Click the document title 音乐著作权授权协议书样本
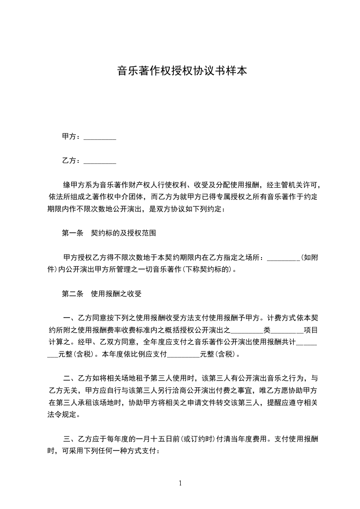[x=182, y=71]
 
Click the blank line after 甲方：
[x=100, y=137]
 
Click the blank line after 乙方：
[x=100, y=161]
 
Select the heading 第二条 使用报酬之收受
[x=102, y=294]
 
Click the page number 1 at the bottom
[x=180, y=483]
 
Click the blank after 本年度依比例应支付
[x=183, y=353]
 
